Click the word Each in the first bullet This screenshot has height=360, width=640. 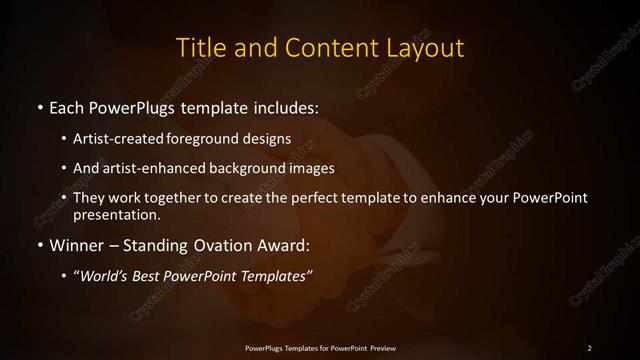point(67,106)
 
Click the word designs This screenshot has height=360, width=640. point(268,138)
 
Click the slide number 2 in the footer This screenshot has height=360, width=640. point(589,347)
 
